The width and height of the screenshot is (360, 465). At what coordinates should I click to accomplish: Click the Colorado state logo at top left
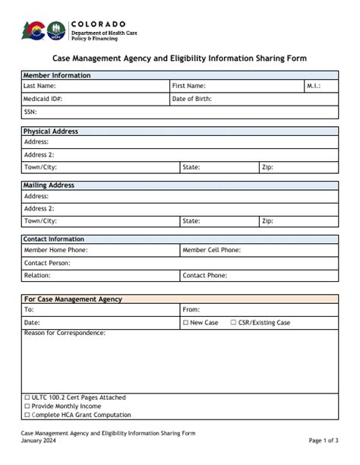click(34, 30)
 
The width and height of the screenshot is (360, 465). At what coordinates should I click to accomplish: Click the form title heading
click(179, 58)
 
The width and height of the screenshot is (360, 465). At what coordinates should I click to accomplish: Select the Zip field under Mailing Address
click(304, 221)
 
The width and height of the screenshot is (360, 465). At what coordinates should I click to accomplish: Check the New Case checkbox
click(186, 323)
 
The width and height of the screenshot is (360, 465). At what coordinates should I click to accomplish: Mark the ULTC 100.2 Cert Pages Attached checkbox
click(27, 397)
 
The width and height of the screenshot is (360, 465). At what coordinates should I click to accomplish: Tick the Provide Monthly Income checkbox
click(27, 406)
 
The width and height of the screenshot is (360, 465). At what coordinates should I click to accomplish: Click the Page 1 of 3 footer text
click(324, 441)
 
